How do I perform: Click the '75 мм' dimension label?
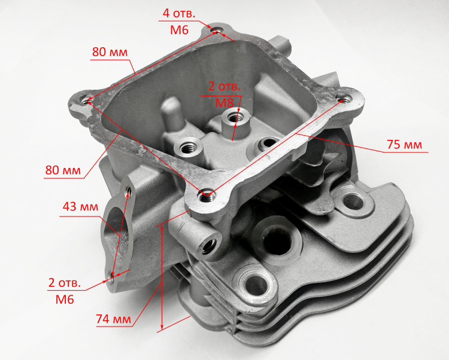tap(404, 145)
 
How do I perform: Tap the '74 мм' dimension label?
tap(113, 319)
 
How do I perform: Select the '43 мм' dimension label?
tap(80, 206)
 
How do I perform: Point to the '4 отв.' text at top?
tap(179, 13)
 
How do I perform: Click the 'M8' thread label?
tap(224, 103)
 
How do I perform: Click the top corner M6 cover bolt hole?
tap(217, 30)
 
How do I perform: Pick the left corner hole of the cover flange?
tap(86, 100)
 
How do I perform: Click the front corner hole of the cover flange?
tap(205, 196)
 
